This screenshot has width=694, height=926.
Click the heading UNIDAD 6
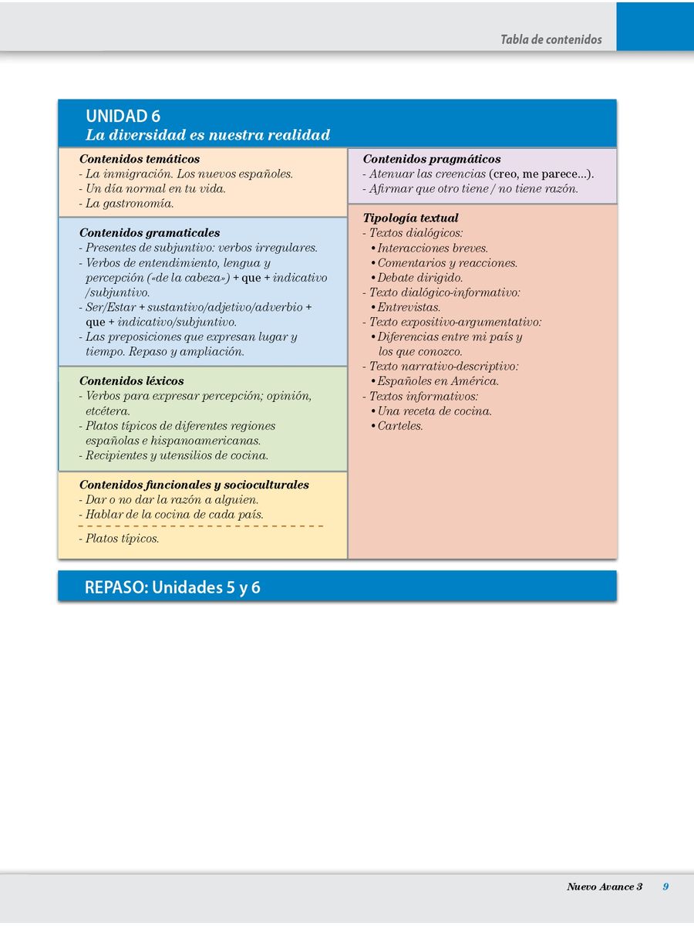(123, 117)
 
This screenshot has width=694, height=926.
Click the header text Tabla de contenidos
(551, 39)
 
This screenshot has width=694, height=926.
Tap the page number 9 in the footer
(665, 887)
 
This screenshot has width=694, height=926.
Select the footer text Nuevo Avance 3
(605, 887)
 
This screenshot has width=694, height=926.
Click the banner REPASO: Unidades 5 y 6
(173, 587)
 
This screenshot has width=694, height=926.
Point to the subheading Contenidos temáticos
(140, 159)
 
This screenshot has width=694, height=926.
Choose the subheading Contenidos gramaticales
(150, 232)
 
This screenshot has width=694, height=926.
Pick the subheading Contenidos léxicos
(132, 380)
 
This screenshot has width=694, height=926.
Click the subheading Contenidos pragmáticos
(432, 159)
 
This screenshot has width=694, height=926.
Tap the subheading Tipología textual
(411, 218)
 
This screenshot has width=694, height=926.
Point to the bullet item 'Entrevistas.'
(409, 307)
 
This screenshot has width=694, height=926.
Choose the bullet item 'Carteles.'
(400, 425)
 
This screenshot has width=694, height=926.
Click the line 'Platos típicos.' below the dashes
(122, 539)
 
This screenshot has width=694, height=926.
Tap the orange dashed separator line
(200, 526)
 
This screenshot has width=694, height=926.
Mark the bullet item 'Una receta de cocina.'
(434, 411)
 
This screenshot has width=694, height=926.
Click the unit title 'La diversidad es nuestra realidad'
(208, 135)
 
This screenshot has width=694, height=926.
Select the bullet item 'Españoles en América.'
(438, 380)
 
